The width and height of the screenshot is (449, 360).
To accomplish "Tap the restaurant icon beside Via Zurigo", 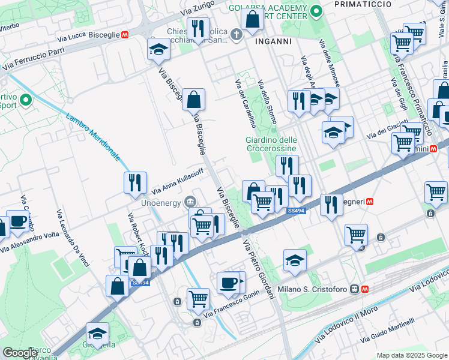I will (x=197, y=28).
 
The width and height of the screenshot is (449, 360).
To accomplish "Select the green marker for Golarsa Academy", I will (x=316, y=11).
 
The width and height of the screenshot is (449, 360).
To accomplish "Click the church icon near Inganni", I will (x=237, y=34).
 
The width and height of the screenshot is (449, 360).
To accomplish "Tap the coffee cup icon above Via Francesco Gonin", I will (x=228, y=282).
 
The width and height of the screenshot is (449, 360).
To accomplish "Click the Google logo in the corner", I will (x=20, y=353).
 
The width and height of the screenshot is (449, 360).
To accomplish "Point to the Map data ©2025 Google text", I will (x=411, y=355).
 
